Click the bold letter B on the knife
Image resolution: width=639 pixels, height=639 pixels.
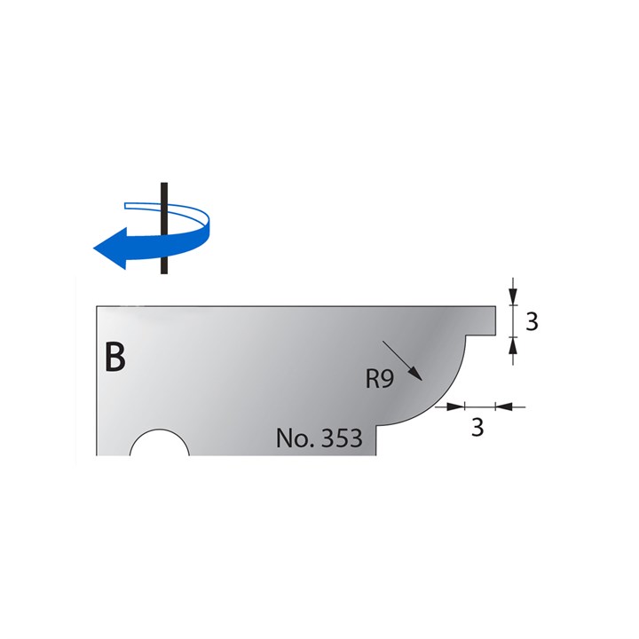(x=115, y=357)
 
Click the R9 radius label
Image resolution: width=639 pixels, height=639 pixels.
(x=380, y=379)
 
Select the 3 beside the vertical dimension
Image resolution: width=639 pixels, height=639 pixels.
(x=532, y=321)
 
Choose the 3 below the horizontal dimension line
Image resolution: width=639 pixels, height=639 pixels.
(x=477, y=428)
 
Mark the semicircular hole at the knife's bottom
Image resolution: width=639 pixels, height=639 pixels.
(x=160, y=446)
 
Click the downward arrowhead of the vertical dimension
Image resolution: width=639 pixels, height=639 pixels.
(x=512, y=298)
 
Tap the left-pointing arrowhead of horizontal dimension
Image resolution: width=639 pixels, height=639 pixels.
(x=502, y=406)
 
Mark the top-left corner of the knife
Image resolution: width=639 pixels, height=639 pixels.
(x=97, y=306)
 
